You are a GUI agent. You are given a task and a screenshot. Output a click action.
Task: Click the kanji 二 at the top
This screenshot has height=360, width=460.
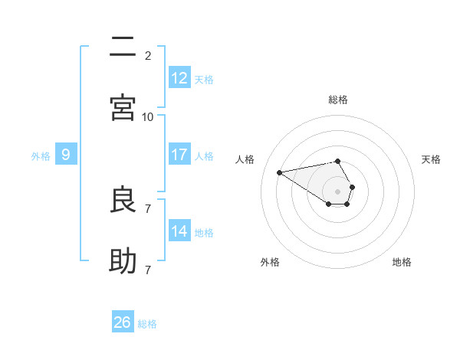123,47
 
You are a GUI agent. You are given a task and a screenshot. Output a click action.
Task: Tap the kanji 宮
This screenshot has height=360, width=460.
123,108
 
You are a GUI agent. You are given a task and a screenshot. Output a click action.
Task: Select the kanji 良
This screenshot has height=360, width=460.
123,200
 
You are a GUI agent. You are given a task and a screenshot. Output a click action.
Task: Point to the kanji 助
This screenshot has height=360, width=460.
123,261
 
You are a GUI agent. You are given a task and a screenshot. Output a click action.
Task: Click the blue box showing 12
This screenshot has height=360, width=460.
179,78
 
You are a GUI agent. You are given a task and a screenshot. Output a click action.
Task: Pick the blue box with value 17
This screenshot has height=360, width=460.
179,155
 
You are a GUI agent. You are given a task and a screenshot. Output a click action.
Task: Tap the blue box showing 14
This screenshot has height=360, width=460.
179,231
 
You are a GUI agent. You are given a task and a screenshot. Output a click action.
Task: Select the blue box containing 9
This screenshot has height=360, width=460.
66,155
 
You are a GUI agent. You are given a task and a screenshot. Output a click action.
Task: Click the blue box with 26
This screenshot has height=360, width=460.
123,322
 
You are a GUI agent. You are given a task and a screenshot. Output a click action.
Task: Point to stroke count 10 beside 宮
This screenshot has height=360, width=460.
148,116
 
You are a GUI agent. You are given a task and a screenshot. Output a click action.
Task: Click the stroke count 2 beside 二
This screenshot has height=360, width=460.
148,55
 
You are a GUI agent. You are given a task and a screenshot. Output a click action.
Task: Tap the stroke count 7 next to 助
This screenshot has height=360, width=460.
148,270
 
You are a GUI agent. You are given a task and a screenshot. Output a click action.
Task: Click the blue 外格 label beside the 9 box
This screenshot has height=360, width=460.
41,155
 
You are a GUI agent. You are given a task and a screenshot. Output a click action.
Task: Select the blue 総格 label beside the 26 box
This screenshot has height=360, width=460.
147,324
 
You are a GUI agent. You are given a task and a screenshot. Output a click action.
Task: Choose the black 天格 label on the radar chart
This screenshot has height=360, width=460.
431,159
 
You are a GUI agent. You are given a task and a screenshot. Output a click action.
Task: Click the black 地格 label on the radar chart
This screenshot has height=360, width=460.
402,262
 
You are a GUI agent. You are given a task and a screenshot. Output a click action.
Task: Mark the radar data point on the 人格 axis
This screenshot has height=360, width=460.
279,172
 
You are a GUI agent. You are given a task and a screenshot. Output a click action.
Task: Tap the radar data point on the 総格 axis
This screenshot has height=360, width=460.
338,161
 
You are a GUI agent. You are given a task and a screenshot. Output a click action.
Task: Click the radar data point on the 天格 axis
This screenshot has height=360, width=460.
352,187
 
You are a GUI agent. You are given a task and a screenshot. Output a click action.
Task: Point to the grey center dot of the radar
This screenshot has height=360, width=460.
338,191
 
